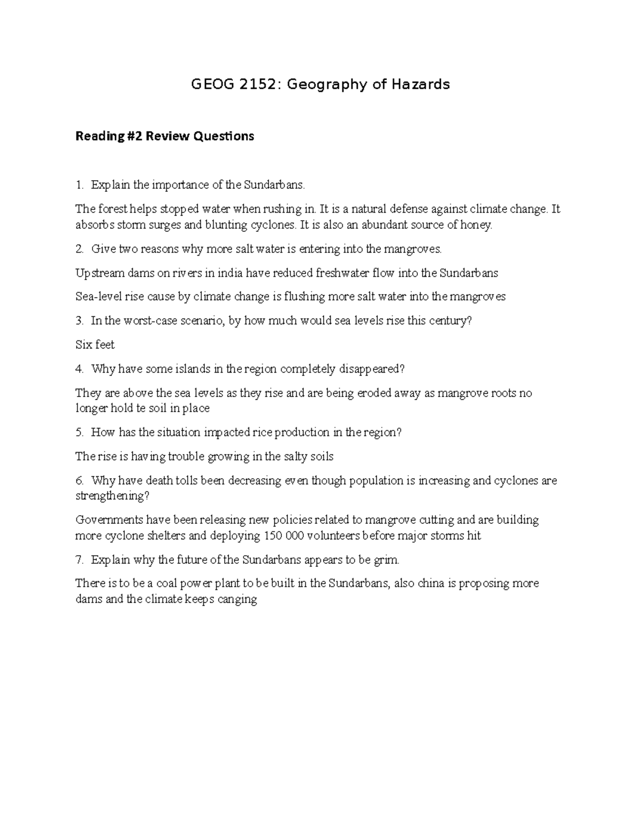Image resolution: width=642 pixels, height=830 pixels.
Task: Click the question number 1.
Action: pyautogui.click(x=79, y=185)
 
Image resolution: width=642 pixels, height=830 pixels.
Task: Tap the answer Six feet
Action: pyautogui.click(x=95, y=345)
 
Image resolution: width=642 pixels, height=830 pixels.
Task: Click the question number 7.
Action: pyautogui.click(x=79, y=560)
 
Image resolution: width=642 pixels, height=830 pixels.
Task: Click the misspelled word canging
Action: pyautogui.click(x=237, y=599)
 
